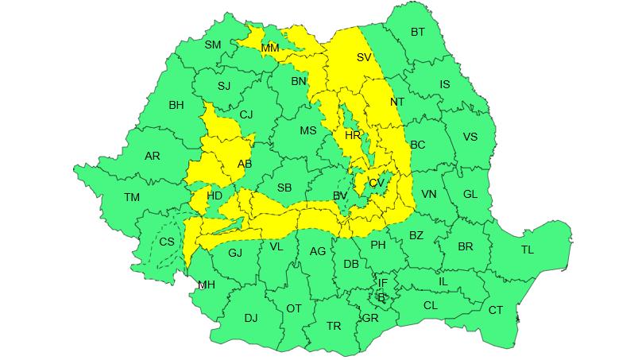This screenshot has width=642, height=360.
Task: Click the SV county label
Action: (364, 57)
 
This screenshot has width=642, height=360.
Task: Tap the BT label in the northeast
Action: (418, 33)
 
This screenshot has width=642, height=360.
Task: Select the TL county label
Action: (528, 250)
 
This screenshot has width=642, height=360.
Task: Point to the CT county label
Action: (496, 310)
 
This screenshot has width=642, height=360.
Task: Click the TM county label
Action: (132, 197)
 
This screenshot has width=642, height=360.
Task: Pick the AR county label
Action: (153, 157)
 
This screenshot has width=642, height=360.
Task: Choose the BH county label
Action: (176, 104)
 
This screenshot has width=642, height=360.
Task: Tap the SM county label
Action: (213, 45)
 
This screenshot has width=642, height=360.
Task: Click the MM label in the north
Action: (270, 48)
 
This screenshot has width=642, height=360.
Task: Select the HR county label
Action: (353, 136)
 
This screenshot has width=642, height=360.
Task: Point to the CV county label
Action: (377, 183)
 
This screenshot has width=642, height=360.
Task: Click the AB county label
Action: (245, 165)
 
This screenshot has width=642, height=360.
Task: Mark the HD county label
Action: (215, 195)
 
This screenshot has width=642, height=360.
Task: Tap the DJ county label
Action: (251, 318)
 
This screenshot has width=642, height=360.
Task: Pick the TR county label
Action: (334, 326)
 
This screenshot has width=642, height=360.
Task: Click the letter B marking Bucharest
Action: (381, 297)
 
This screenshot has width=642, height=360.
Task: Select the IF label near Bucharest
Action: (382, 283)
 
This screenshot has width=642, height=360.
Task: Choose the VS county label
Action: (470, 137)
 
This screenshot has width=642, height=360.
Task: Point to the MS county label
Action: (307, 131)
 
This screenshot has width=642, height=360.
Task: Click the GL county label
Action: (470, 194)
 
